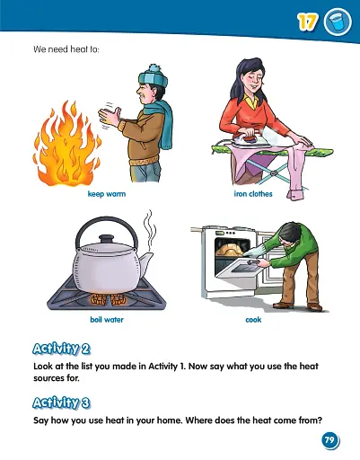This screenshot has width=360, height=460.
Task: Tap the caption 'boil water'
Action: pos(106,319)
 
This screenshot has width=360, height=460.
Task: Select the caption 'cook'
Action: pos(253,319)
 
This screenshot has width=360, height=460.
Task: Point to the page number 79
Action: pos(329,440)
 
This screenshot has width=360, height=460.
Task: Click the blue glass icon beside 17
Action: pos(336,22)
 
